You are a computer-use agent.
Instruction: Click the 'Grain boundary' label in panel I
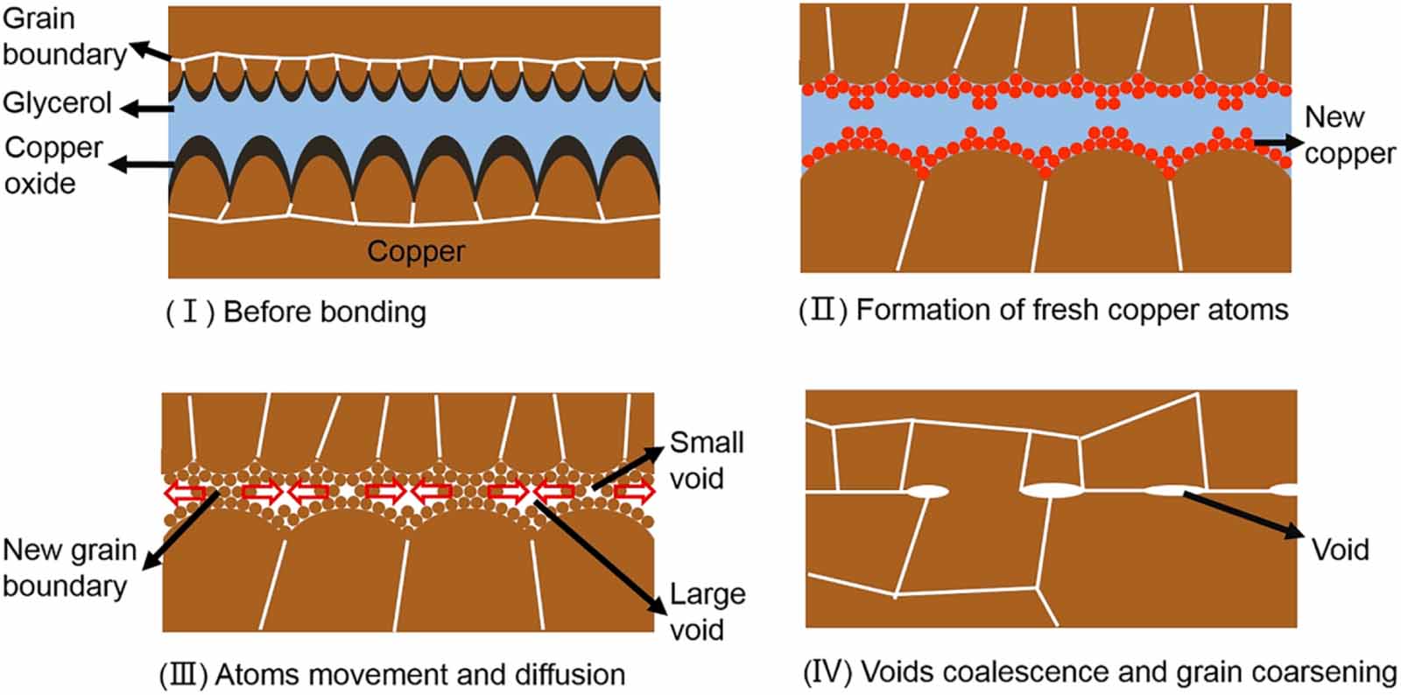coord(63,37)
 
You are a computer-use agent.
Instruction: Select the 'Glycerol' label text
coord(57,103)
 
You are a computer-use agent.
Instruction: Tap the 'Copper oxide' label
coord(53,165)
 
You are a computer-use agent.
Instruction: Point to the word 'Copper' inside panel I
coord(416,251)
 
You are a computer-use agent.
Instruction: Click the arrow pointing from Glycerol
coord(147,109)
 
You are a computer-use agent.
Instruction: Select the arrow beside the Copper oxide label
coord(144,164)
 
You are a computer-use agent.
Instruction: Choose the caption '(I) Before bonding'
coord(296,312)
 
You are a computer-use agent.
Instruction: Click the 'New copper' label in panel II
coord(1348,135)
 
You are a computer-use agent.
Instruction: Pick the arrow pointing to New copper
coord(1278,141)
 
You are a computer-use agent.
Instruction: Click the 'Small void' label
coord(707,460)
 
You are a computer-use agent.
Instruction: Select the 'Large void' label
coord(707,612)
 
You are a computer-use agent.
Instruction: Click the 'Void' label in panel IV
coord(1340,550)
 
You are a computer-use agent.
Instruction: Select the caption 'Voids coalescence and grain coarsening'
coord(1100,672)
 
